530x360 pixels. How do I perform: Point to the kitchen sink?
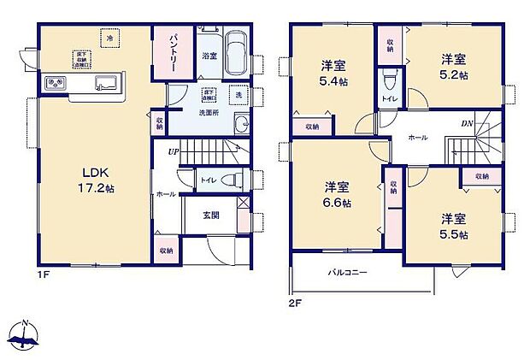click(x=105, y=83)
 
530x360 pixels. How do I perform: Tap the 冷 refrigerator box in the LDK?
click(x=109, y=38)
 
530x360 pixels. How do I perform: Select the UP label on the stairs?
click(x=174, y=151)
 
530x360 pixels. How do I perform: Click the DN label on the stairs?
click(x=468, y=124)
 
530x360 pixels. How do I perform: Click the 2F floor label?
click(x=295, y=303)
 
